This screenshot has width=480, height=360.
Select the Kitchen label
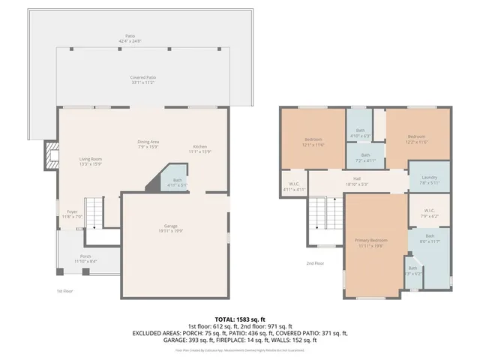tap(200, 148)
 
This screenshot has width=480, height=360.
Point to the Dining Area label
tap(148, 144)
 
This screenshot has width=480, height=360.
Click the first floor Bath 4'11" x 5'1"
tap(177, 182)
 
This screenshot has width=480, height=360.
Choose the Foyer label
tap(72, 214)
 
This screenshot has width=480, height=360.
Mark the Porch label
tap(85, 258)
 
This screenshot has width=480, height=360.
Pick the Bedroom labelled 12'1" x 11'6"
tap(313, 142)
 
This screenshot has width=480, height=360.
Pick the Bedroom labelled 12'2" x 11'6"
tap(417, 140)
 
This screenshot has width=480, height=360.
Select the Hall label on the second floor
tap(358, 181)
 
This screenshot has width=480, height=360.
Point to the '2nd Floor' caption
tap(314, 263)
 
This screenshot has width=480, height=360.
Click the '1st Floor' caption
tap(65, 290)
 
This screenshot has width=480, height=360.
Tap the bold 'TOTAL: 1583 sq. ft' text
tap(240, 319)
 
